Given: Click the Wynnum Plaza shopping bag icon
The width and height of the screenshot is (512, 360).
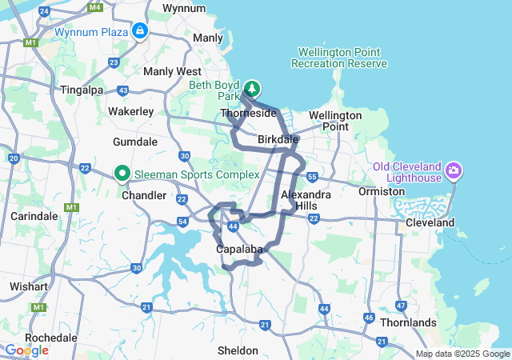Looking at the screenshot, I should click(140, 31).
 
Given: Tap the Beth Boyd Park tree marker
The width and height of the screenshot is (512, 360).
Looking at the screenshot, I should click(252, 88).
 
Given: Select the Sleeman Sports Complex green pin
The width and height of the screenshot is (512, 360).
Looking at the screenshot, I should click(122, 173).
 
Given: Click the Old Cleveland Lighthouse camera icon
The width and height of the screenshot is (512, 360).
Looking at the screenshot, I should click(454, 170).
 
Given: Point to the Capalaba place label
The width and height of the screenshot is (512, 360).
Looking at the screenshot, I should click(239, 250).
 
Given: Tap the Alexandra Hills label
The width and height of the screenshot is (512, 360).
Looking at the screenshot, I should click(306, 200).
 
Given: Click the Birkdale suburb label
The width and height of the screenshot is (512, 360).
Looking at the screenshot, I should click(278, 140).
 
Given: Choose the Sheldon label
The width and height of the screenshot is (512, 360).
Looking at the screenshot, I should click(238, 350).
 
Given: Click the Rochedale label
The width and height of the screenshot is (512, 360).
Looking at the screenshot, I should click(50, 338).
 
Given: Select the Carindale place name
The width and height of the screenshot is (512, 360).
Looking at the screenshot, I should click(34, 216).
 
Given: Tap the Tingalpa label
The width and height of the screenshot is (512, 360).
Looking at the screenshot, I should click(84, 90).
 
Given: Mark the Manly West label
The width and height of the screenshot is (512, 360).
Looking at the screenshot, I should click(171, 71).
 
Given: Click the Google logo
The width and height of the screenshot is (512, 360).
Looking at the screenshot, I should click(26, 350).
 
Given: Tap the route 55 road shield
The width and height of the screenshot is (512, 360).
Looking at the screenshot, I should click(312, 176).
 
